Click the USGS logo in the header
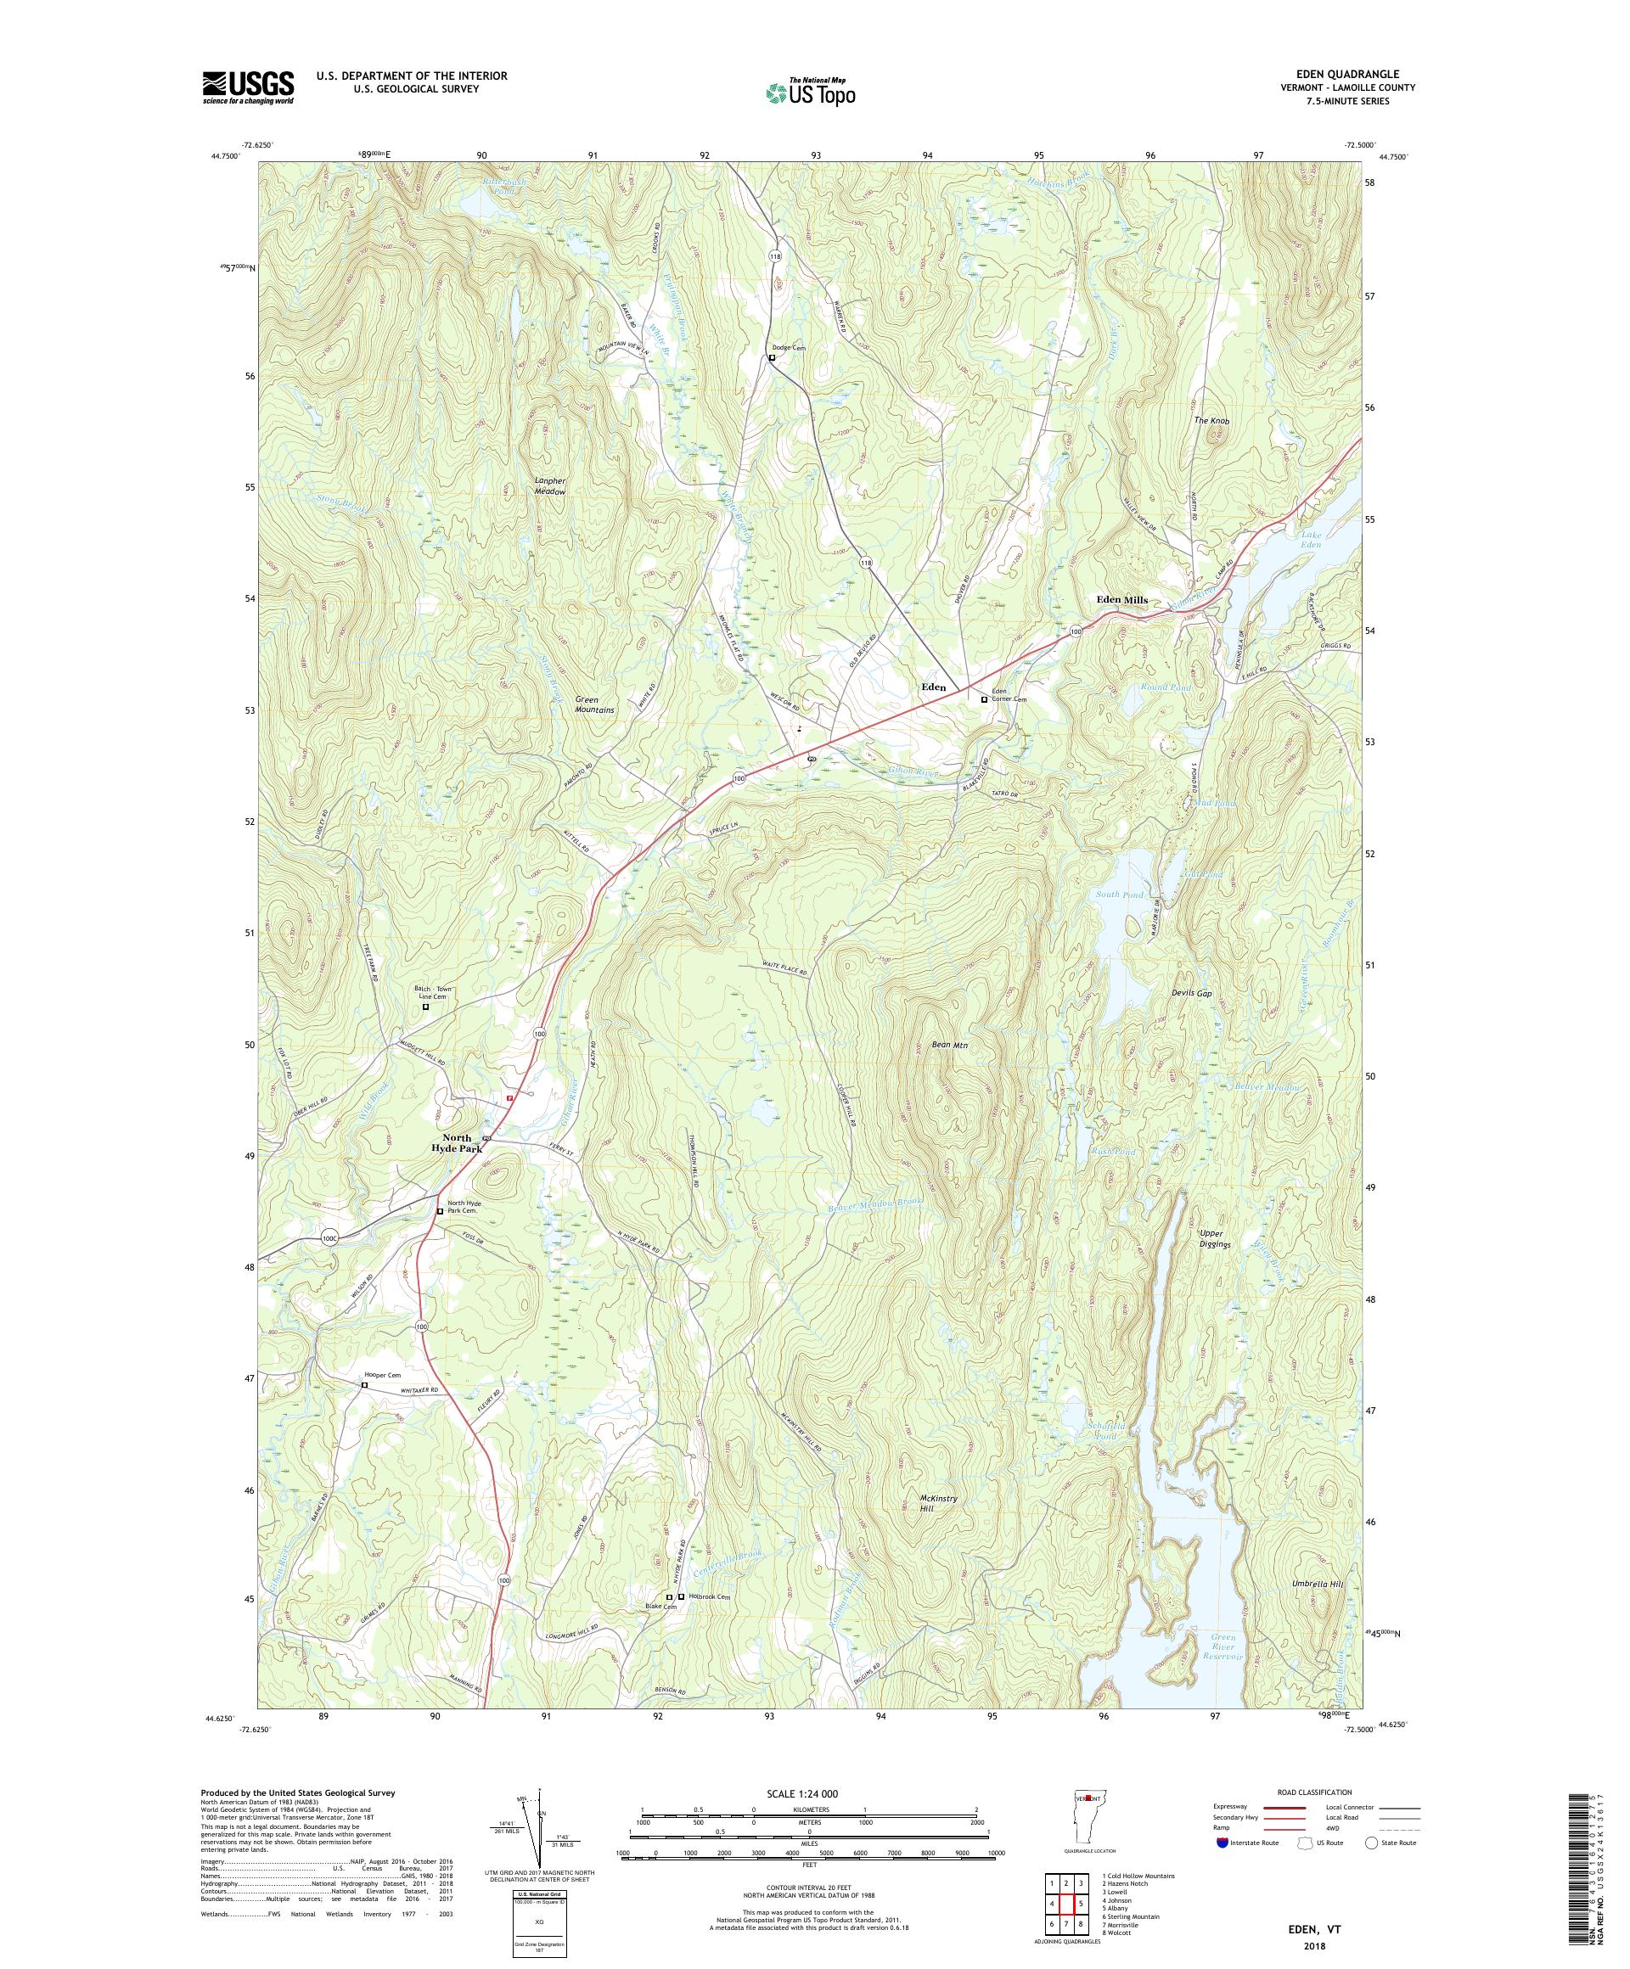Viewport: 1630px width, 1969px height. (248, 88)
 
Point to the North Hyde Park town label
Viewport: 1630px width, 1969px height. (457, 1143)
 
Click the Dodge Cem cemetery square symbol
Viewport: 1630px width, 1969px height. (772, 358)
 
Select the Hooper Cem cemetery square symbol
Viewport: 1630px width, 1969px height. (365, 1385)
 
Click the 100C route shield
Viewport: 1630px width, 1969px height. (328, 1237)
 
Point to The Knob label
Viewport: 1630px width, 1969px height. (1211, 421)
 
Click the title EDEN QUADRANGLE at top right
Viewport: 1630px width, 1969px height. (1356, 74)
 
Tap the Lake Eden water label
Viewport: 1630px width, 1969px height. (1310, 539)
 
